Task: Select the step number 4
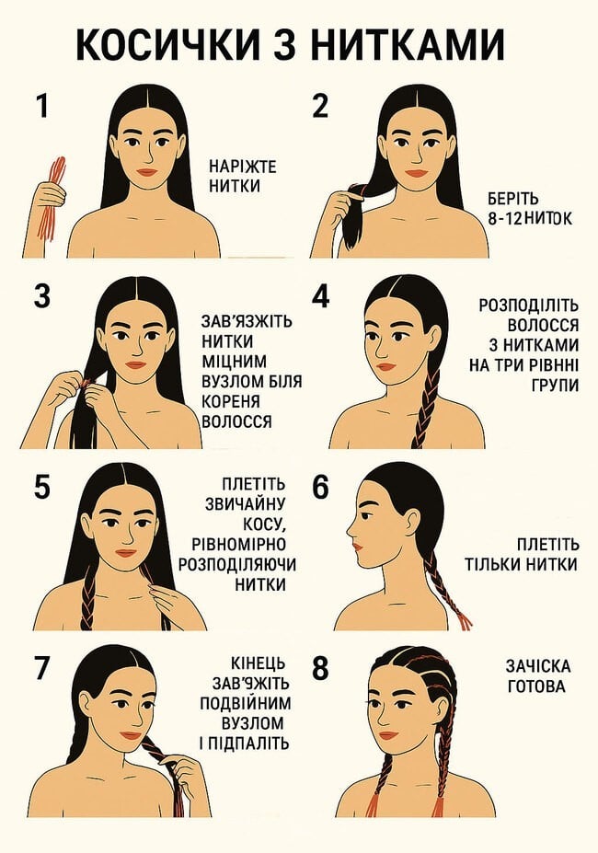pyautogui.click(x=321, y=296)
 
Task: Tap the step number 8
pyautogui.click(x=321, y=669)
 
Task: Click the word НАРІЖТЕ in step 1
pyautogui.click(x=243, y=166)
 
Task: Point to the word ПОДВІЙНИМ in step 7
pyautogui.click(x=246, y=703)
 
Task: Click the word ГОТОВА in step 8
pyautogui.click(x=536, y=686)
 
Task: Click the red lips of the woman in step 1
pyautogui.click(x=147, y=172)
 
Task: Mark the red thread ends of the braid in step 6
pyautogui.click(x=464, y=620)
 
